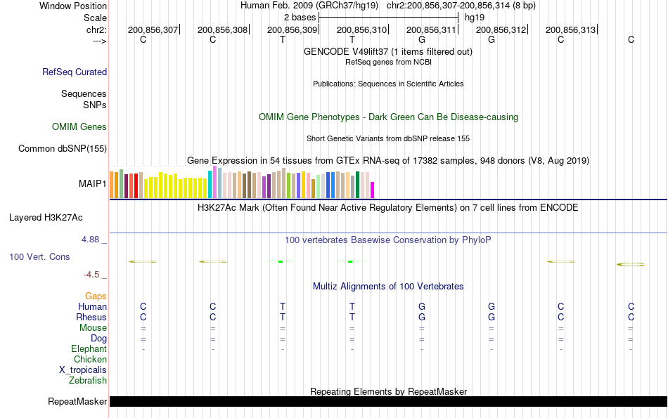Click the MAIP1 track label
click(93, 184)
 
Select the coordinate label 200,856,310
click(362, 30)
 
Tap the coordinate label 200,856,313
click(570, 30)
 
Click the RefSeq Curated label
click(75, 72)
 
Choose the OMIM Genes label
click(79, 127)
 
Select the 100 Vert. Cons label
click(39, 257)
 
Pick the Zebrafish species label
click(88, 381)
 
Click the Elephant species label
click(89, 349)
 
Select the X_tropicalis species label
click(83, 370)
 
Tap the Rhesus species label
click(91, 318)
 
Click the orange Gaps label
click(96, 296)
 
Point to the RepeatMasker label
click(77, 402)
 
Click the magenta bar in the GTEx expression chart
click(373, 190)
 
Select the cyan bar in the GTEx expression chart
click(210, 184)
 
